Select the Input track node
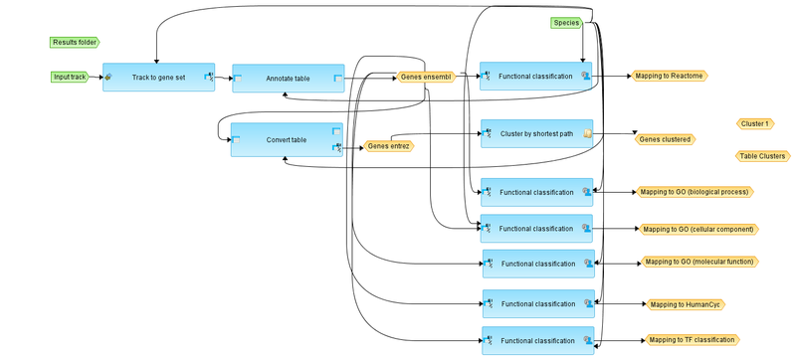point(71,77)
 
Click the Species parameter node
point(566,23)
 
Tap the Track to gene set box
point(159,77)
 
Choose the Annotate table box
point(288,78)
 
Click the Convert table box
point(287,140)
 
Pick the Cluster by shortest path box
point(536,133)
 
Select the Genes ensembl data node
point(426,77)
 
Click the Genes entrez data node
point(389,146)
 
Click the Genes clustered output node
point(664,139)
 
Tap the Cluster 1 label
point(755,123)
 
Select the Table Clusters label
point(762,156)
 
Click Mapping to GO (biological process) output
point(694,192)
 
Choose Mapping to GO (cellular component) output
point(698,229)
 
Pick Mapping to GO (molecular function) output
point(699,263)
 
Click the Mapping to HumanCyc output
point(685,304)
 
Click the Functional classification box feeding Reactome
point(535,77)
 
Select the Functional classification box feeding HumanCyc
point(538,304)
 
